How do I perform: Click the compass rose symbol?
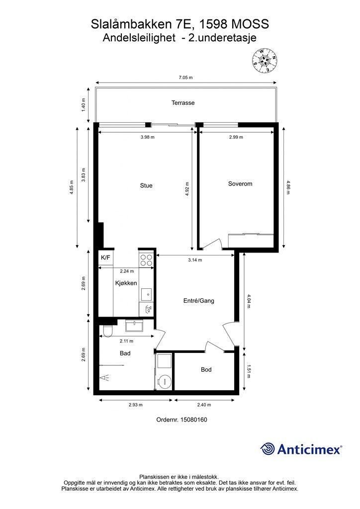266,61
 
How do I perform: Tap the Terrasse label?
183,103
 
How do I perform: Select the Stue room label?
146,186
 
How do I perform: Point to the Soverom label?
240,184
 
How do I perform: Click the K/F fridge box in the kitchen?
105,258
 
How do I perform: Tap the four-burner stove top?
146,259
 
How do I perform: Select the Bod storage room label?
206,370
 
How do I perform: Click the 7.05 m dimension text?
185,78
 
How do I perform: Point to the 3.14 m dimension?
195,260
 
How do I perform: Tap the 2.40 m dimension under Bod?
204,405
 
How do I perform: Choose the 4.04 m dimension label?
249,301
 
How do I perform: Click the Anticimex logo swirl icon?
268,449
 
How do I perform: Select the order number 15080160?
193,420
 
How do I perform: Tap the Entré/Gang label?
199,301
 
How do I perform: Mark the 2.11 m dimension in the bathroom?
127,341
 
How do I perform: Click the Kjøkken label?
126,283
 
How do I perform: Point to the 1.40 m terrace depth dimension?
84,105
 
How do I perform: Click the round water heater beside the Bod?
164,381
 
